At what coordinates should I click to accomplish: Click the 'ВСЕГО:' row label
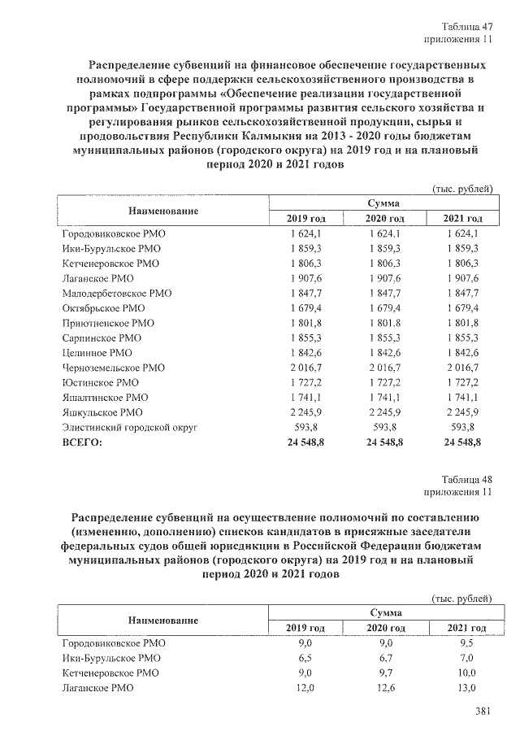tap(84, 442)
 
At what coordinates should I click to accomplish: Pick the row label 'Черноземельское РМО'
tap(114, 368)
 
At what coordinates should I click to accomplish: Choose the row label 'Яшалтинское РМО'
tap(106, 398)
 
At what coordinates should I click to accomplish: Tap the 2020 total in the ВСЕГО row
tap(385, 442)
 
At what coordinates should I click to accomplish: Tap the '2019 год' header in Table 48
tap(305, 629)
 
